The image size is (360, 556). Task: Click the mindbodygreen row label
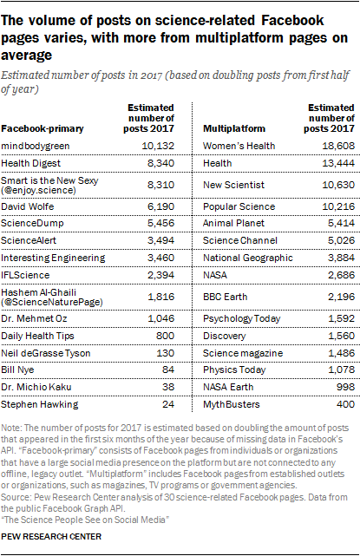35,146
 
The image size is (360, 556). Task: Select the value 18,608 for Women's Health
338,146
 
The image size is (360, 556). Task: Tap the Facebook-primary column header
43,128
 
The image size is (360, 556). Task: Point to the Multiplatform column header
234,128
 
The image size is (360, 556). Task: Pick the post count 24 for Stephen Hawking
167,404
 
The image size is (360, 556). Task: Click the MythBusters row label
232,404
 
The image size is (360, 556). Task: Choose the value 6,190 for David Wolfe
160,206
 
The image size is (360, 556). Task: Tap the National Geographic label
248,258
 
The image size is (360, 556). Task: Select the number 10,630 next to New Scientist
338,185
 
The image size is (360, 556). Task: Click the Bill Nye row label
17,370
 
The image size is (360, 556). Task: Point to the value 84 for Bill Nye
167,370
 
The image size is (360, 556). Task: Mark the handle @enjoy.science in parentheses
38,191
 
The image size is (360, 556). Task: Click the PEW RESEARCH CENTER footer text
51,537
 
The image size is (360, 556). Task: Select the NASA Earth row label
228,387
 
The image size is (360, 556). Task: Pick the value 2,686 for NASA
341,275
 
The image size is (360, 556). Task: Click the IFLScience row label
25,275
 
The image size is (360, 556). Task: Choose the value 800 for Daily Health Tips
165,336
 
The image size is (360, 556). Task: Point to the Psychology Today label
241,318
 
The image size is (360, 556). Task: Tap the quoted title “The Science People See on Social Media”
85,520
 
